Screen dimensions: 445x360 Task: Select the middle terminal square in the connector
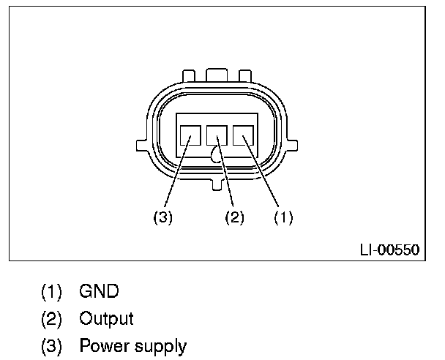coord(217,135)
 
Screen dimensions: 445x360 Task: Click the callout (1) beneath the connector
coord(283,218)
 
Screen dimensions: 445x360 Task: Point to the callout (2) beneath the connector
coord(234,218)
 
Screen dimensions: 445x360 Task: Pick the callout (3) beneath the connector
coord(162,218)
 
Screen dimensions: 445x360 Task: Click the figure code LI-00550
coord(389,250)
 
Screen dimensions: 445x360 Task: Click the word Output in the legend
coord(107,318)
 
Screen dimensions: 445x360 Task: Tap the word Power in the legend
coord(102,345)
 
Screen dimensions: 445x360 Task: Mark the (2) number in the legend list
coord(51,318)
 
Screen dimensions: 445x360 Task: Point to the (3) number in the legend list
coord(51,345)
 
